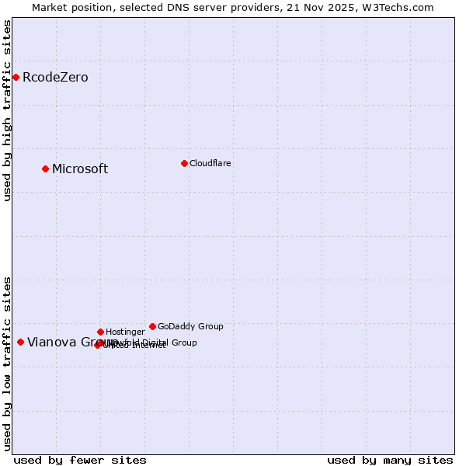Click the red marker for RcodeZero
pos(16,77)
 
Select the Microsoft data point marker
pos(45,169)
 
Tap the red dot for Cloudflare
pos(184,163)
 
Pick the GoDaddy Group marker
pos(152,326)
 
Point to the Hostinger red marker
pos(100,332)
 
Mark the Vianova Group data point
pos(20,342)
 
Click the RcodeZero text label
pos(55,78)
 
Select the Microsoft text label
pos(80,169)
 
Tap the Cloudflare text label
pos(210,164)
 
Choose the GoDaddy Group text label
pos(190,327)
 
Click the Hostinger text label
pos(125,332)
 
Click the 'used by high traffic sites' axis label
pos(8,110)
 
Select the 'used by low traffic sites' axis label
pos(8,363)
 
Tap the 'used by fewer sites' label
pos(80,460)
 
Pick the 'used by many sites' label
pos(390,460)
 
